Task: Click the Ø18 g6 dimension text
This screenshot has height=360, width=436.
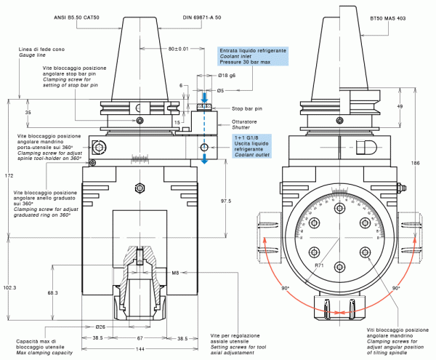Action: tap(227, 76)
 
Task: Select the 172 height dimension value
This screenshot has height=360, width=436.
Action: tap(8, 176)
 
